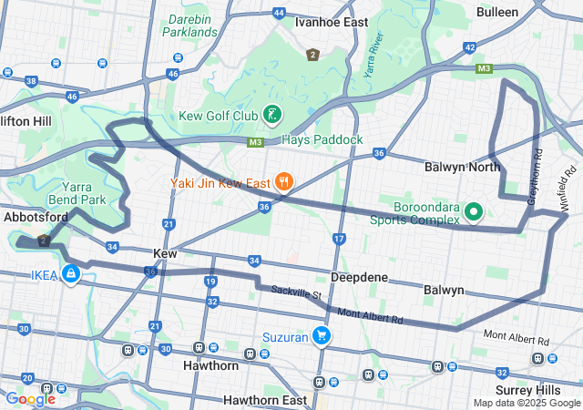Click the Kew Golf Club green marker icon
coord(270,115)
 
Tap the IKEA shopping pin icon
coord(70,274)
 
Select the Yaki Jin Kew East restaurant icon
coord(285,182)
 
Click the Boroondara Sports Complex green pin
coord(474,212)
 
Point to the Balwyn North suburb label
coord(463,167)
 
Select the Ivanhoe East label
coord(332,23)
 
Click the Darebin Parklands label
coord(190,25)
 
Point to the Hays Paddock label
coord(322,139)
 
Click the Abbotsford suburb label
coord(36,218)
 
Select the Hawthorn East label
coord(265,400)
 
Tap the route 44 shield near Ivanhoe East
coord(279,14)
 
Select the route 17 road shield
coord(340,239)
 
